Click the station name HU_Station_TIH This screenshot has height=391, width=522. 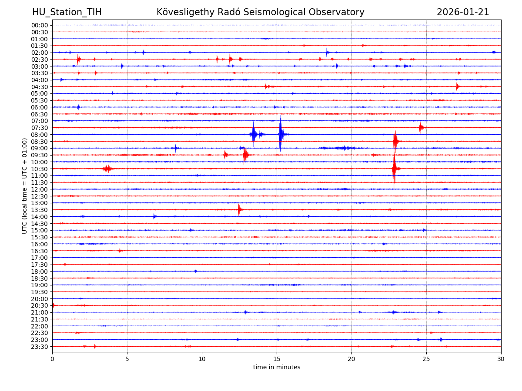tap(67, 13)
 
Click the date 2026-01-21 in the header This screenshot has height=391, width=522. tap(463, 13)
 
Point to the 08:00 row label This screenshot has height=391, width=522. tap(40, 135)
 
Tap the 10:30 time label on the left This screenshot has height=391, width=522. tap(40, 169)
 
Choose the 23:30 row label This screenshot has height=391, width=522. tap(40, 347)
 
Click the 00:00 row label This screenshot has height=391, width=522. tap(40, 25)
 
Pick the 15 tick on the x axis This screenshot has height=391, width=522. tap(277, 359)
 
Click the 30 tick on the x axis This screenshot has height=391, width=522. tap(501, 359)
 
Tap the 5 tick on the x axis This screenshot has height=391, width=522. tap(127, 359)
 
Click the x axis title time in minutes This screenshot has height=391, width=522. tap(277, 368)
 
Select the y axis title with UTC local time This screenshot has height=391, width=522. tap(25, 186)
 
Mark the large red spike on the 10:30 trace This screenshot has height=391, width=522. tap(394, 169)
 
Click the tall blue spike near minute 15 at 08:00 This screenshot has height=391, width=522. tap(281, 134)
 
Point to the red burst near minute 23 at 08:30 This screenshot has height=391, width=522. tap(395, 141)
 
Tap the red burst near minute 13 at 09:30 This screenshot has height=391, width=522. tap(246, 155)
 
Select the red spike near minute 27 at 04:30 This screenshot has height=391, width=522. tap(457, 86)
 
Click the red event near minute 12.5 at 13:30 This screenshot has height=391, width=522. tap(239, 209)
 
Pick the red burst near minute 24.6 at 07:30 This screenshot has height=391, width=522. tap(421, 127)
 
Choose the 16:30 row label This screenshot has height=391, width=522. tap(40, 251)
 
